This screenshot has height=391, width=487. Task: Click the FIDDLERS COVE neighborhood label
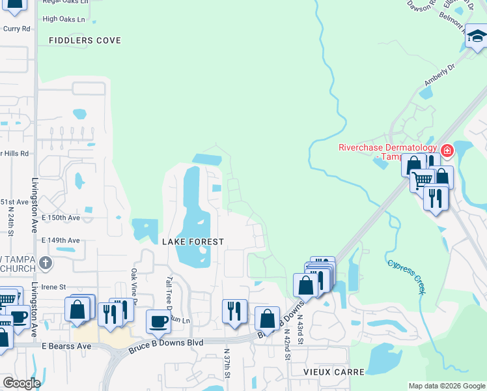[85, 40]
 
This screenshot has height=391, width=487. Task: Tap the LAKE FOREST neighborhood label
[193, 242]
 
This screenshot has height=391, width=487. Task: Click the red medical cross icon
[447, 151]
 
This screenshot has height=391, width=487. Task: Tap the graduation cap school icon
[477, 38]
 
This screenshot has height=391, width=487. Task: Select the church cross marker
[44, 263]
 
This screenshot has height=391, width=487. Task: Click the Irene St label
[54, 287]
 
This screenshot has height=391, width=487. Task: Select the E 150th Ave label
[61, 218]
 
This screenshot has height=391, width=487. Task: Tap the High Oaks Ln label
[64, 20]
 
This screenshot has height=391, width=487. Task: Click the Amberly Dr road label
[439, 75]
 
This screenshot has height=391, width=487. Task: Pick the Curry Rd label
[17, 29]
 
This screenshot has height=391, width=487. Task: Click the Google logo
[21, 383]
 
